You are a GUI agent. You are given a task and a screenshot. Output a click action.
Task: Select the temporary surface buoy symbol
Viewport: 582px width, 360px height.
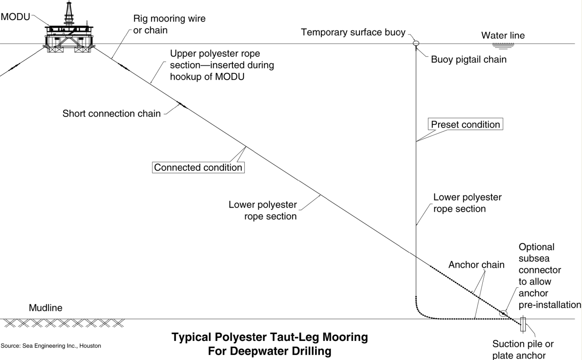pos(415,44)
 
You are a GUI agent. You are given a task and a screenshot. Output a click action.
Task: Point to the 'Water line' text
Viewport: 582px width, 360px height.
pos(503,35)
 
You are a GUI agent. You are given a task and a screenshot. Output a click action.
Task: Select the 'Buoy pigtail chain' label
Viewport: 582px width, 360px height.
pos(469,59)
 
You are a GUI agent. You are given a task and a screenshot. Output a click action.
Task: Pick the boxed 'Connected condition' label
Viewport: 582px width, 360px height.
pos(198,167)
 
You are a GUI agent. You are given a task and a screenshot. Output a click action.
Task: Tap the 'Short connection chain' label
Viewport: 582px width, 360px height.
pos(111,113)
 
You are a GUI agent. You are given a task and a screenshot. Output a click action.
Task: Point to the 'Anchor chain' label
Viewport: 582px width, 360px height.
pos(476,264)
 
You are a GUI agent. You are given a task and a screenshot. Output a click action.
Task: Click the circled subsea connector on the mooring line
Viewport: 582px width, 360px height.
pos(503,313)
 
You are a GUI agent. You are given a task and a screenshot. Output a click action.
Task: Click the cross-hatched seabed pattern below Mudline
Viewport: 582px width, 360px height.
pos(64,323)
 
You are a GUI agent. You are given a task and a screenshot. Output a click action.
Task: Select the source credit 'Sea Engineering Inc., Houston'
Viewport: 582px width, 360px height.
pos(51,346)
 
